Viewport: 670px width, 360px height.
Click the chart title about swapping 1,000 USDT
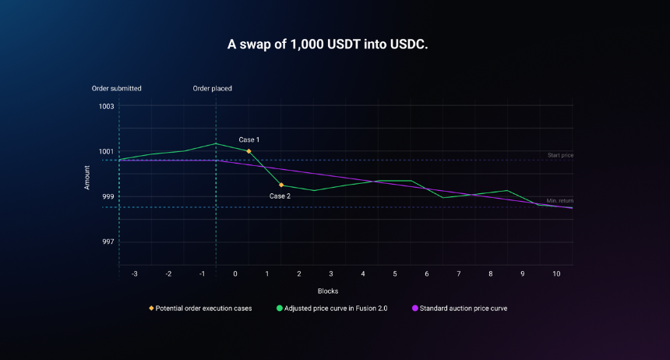click(327, 44)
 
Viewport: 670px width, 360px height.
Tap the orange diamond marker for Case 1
click(249, 151)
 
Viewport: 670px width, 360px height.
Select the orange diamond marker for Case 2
click(281, 185)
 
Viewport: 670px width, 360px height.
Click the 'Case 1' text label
click(249, 139)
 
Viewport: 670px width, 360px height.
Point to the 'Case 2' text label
click(280, 196)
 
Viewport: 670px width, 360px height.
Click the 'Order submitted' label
click(117, 89)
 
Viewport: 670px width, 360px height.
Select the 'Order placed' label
click(213, 89)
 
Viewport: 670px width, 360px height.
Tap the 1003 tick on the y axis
click(107, 107)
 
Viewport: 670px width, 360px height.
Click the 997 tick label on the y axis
click(108, 242)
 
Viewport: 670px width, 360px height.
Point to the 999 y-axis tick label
click(108, 196)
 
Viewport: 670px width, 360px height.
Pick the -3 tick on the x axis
click(135, 274)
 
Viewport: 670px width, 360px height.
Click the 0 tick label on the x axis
click(235, 274)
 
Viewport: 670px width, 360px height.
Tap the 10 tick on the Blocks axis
click(556, 274)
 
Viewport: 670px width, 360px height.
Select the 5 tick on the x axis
click(395, 274)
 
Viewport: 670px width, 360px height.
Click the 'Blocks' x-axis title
click(328, 291)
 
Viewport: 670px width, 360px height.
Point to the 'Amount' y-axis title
click(87, 178)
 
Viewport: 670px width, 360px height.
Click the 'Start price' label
click(561, 155)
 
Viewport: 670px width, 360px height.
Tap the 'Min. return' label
click(560, 201)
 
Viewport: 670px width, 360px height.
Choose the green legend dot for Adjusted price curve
click(280, 309)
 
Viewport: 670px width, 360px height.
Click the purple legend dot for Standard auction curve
click(415, 309)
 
